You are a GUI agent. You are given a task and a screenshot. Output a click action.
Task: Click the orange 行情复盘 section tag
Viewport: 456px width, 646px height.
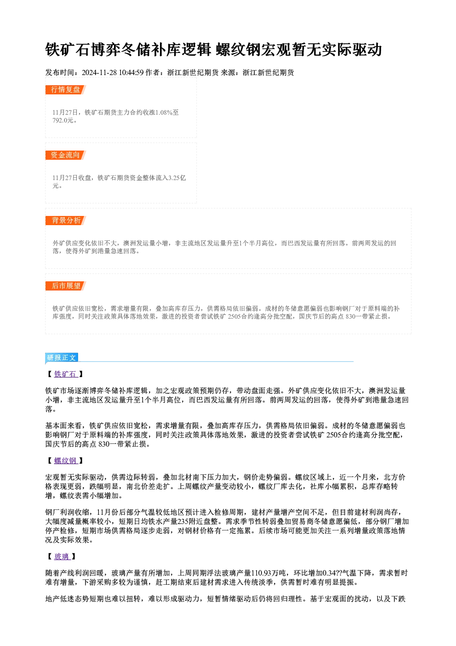(66, 90)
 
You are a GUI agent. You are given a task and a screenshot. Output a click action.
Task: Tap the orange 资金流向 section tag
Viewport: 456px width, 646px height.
(66, 155)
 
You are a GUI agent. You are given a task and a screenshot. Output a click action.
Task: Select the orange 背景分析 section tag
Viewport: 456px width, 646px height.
(66, 221)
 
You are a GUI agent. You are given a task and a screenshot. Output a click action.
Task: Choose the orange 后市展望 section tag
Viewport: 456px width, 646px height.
(66, 286)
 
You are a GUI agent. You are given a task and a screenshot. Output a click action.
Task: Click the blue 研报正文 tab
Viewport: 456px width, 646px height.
(62, 358)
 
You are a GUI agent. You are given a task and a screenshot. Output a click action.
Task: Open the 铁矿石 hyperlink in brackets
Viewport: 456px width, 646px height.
(66, 374)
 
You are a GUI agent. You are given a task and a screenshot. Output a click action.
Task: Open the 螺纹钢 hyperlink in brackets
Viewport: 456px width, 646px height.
(66, 461)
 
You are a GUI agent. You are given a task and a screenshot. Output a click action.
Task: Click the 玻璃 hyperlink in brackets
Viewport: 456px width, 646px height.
(62, 557)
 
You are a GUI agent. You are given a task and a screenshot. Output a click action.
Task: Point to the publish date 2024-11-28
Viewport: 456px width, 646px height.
(99, 73)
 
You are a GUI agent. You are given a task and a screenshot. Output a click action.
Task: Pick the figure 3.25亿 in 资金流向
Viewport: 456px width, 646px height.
(177, 178)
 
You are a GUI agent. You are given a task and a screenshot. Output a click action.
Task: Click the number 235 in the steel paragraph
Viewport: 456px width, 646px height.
(183, 522)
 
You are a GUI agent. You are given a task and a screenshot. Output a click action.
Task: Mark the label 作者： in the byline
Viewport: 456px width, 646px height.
(156, 73)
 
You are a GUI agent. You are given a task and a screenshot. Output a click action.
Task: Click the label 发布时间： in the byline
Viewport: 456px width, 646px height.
(63, 73)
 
